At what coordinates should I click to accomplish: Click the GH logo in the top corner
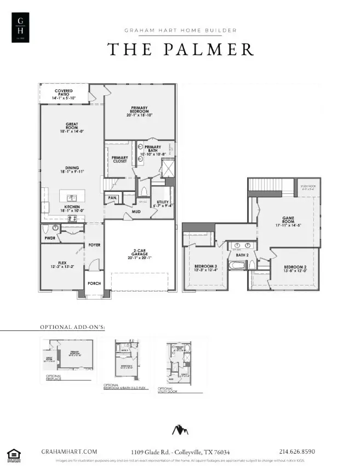point(21,26)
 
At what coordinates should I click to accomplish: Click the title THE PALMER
point(180,49)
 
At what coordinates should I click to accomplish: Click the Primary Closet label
point(119,159)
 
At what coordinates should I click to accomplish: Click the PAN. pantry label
point(112,198)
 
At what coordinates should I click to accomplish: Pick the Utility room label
point(162,204)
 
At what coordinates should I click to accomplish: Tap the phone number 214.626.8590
point(297,451)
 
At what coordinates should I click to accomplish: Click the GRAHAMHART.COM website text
point(70,451)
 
